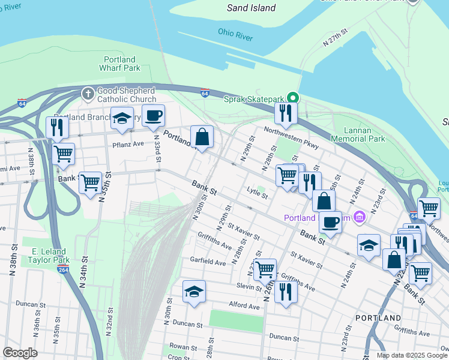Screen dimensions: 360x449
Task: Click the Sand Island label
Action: pyautogui.click(x=252, y=8)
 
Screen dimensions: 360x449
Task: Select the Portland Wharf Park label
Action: pyautogui.click(x=119, y=64)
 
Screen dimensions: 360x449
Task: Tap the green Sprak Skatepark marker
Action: pyautogui.click(x=293, y=98)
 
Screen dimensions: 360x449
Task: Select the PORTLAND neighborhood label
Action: pyautogui.click(x=378, y=317)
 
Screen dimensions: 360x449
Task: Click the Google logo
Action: pyautogui.click(x=19, y=353)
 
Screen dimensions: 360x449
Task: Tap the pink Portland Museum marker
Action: pyautogui.click(x=360, y=217)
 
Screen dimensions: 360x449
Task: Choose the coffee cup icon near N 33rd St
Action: pyautogui.click(x=153, y=115)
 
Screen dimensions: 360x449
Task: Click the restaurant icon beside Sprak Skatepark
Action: pyautogui.click(x=286, y=113)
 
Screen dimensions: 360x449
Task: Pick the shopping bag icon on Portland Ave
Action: pyautogui.click(x=202, y=136)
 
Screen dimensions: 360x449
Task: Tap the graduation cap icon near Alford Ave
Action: pyautogui.click(x=194, y=291)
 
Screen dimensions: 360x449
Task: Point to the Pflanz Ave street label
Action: pyautogui.click(x=128, y=144)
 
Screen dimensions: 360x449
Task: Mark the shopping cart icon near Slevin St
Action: pyautogui.click(x=265, y=269)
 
